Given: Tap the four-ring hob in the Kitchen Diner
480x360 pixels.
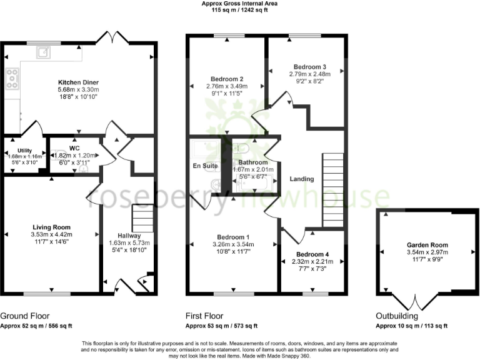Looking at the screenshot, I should coord(12,78).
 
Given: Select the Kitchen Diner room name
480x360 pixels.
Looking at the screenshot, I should coord(78,82).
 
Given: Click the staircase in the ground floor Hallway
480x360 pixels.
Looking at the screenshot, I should coord(143,220).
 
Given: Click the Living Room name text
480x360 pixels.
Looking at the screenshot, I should coord(52,227).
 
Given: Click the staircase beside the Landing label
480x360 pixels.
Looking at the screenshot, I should coord(332,191).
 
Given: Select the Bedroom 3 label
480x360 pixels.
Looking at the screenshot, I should coord(310,66).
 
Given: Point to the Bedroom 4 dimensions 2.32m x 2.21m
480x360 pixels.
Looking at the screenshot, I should coord(311,262).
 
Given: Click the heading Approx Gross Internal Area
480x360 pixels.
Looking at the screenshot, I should coord(240,4).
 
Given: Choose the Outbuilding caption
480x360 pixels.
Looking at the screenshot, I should coord(396,316).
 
